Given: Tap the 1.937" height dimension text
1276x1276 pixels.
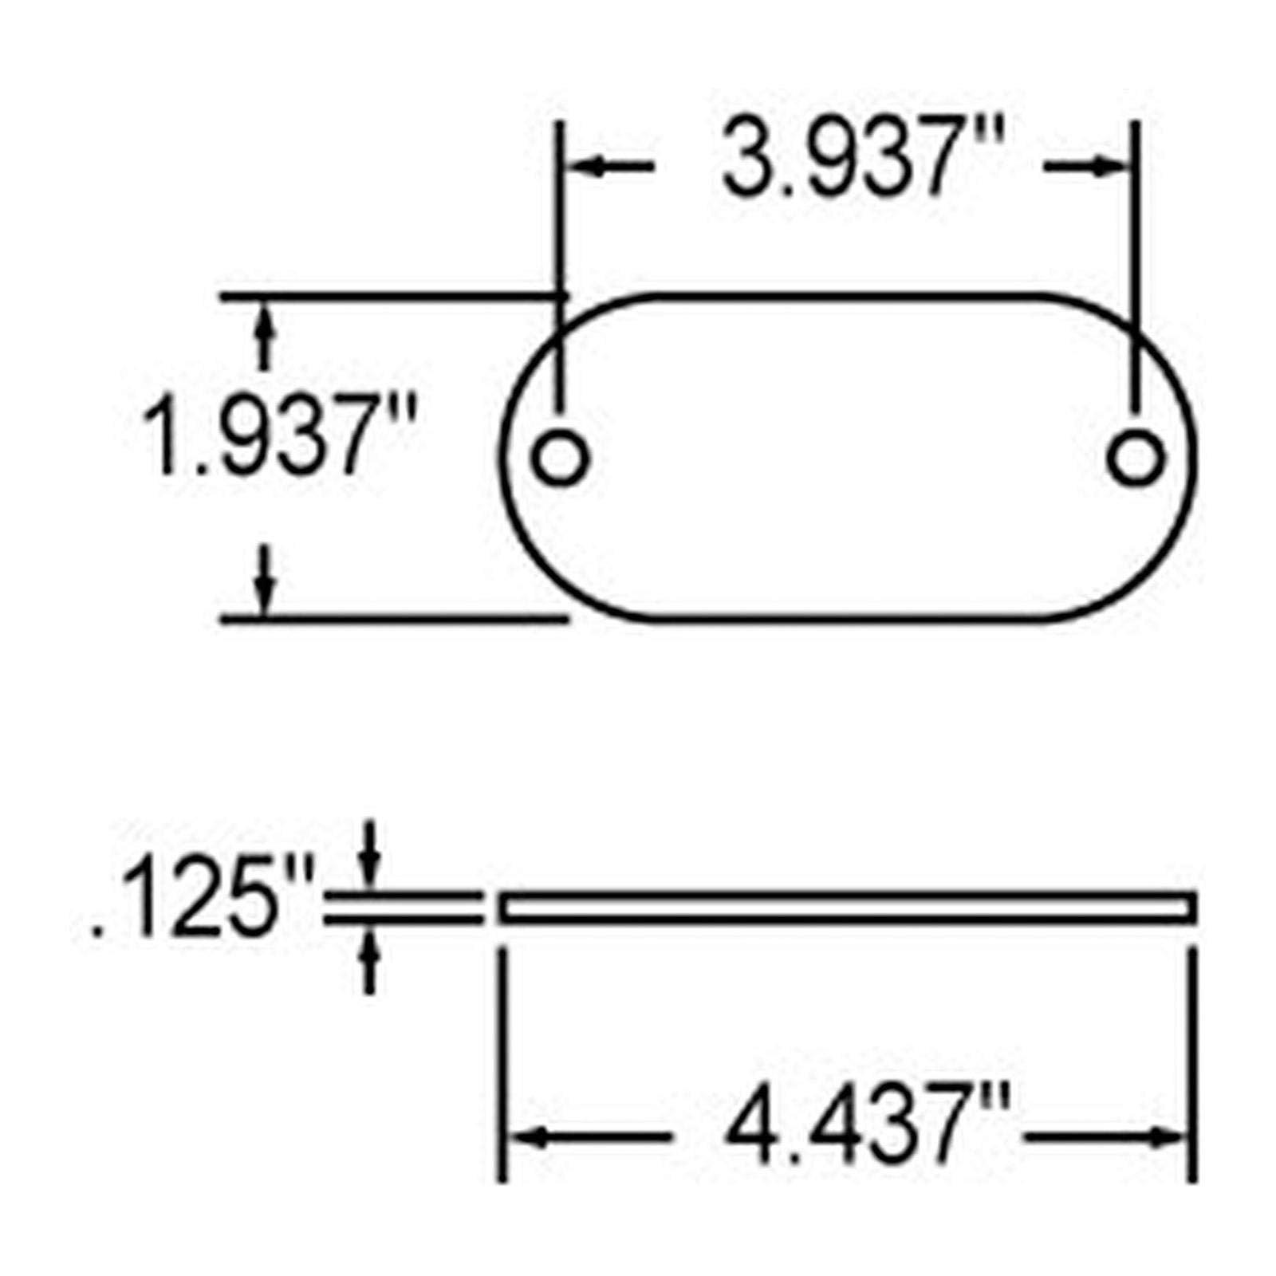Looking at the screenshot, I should (278, 436).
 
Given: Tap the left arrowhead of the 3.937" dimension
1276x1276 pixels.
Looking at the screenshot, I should (582, 167).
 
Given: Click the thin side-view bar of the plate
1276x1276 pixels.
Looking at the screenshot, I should (845, 908).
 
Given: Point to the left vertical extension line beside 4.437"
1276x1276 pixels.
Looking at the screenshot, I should (501, 1061).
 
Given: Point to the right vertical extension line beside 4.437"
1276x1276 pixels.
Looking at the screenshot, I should (1193, 1061).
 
